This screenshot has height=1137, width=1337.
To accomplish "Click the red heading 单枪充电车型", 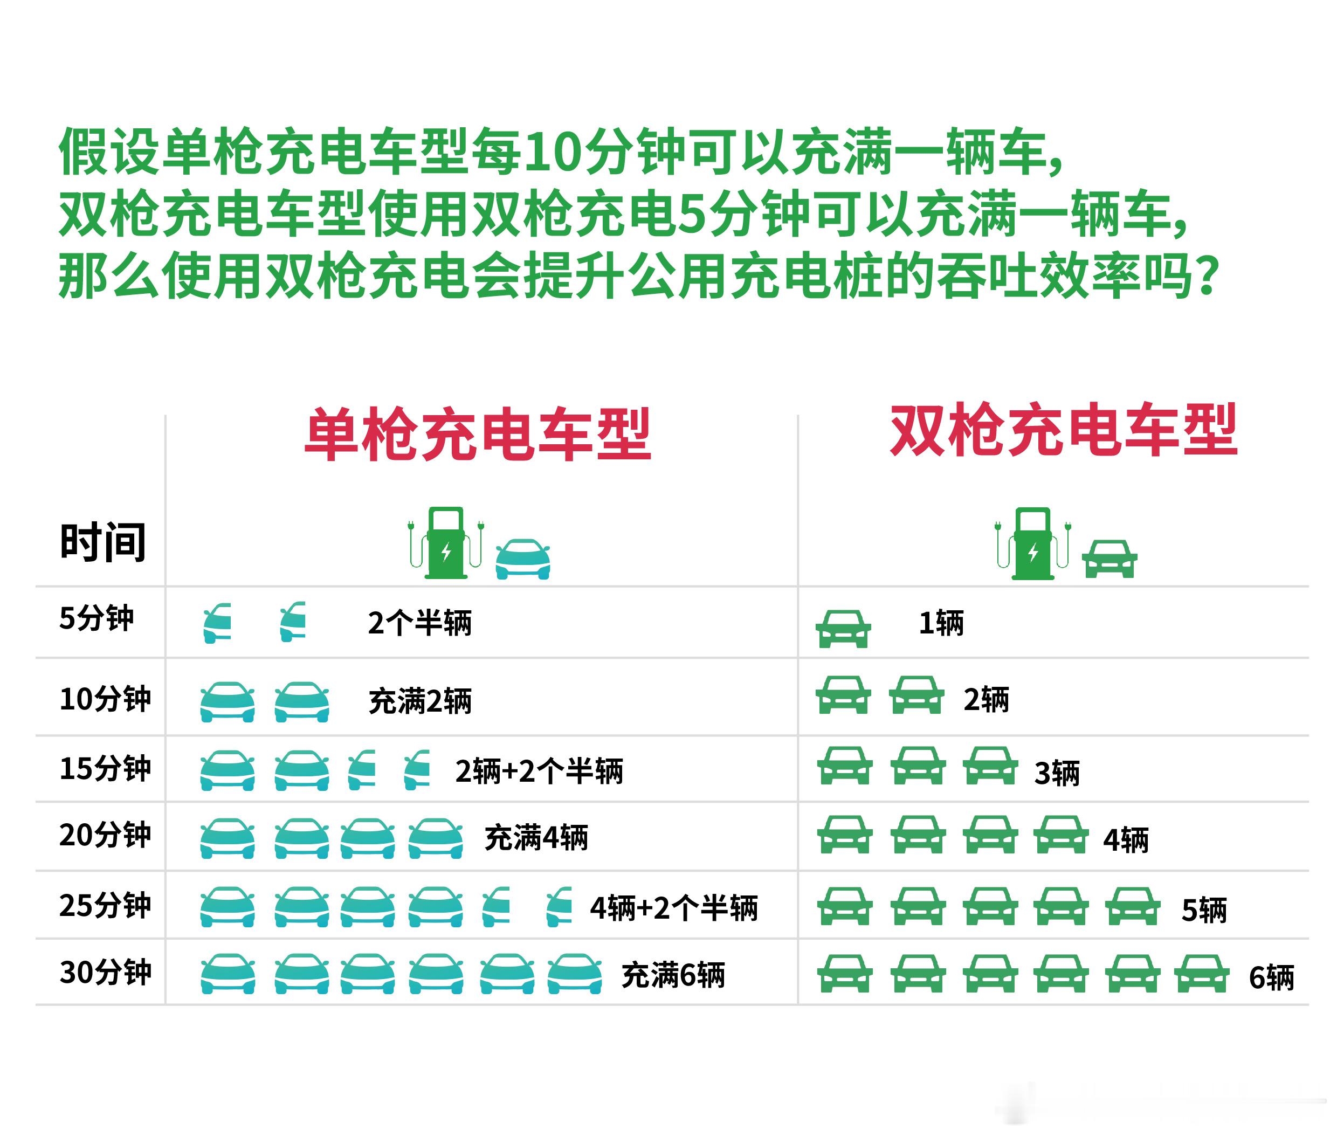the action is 478,434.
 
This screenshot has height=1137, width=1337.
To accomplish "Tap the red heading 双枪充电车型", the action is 1064,429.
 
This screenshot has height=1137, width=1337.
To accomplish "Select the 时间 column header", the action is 102,542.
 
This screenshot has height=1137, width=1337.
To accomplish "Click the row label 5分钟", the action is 97,618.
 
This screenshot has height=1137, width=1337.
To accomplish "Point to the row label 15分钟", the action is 105,768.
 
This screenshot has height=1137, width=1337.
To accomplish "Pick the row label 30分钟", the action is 105,972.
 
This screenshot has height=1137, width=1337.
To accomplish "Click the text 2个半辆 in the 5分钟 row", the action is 419,623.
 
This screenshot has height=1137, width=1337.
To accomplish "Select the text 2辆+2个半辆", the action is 539,771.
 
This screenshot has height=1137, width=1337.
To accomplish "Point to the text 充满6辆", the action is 673,975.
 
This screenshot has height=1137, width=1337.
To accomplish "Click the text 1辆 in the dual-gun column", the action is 941,623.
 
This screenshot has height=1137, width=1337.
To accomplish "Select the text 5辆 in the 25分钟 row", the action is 1203,911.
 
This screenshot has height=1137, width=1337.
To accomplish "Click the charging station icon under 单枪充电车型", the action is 445,543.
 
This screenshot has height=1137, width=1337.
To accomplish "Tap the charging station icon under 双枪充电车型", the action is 1032,543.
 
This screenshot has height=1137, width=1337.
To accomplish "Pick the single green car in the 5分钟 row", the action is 843,629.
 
